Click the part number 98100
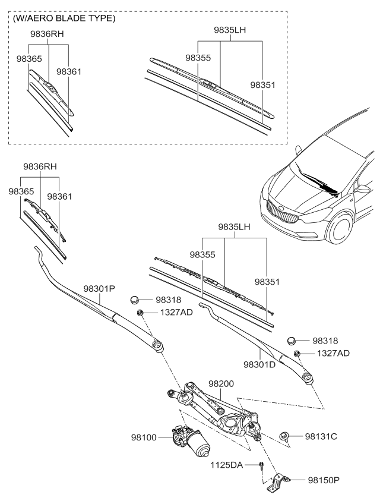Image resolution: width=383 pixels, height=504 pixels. (x=144, y=437)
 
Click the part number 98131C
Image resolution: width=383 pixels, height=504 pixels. (x=321, y=437)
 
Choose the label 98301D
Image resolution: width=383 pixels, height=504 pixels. (x=259, y=363)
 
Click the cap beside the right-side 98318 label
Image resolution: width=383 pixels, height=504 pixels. (x=291, y=341)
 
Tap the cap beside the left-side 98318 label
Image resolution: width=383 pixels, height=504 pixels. (x=137, y=301)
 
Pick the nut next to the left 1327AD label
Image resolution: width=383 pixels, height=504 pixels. (x=140, y=313)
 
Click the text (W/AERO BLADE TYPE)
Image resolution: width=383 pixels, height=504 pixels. (x=64, y=19)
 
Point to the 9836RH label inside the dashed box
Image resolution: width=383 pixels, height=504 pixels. (x=47, y=34)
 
